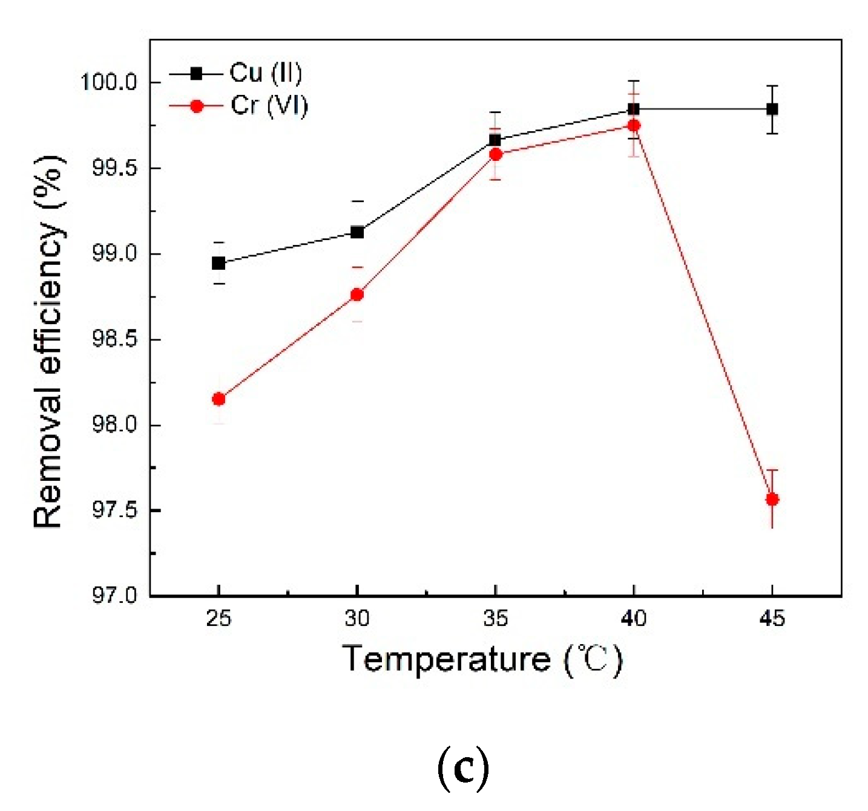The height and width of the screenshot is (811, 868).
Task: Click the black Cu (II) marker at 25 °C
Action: tap(219, 263)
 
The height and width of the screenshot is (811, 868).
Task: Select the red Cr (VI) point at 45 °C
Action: tap(772, 499)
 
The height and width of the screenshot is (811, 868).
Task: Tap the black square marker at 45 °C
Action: tap(772, 109)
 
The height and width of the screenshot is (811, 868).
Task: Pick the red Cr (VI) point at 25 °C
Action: tap(219, 399)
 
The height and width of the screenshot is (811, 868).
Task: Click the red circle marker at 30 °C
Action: tap(357, 295)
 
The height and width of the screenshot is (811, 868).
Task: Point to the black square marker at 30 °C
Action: tap(357, 232)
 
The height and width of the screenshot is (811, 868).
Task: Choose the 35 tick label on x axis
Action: tap(495, 618)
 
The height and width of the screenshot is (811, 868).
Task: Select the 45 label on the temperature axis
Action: tap(772, 618)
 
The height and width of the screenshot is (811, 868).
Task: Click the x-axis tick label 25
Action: tap(219, 618)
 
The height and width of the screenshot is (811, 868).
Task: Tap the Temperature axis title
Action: tap(482, 659)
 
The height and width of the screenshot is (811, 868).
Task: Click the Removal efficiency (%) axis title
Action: tap(48, 342)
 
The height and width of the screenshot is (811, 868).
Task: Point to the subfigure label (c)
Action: tap(462, 768)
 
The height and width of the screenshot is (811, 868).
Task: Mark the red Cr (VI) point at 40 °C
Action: tap(634, 126)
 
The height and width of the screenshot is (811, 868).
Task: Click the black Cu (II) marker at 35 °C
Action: tap(495, 140)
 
